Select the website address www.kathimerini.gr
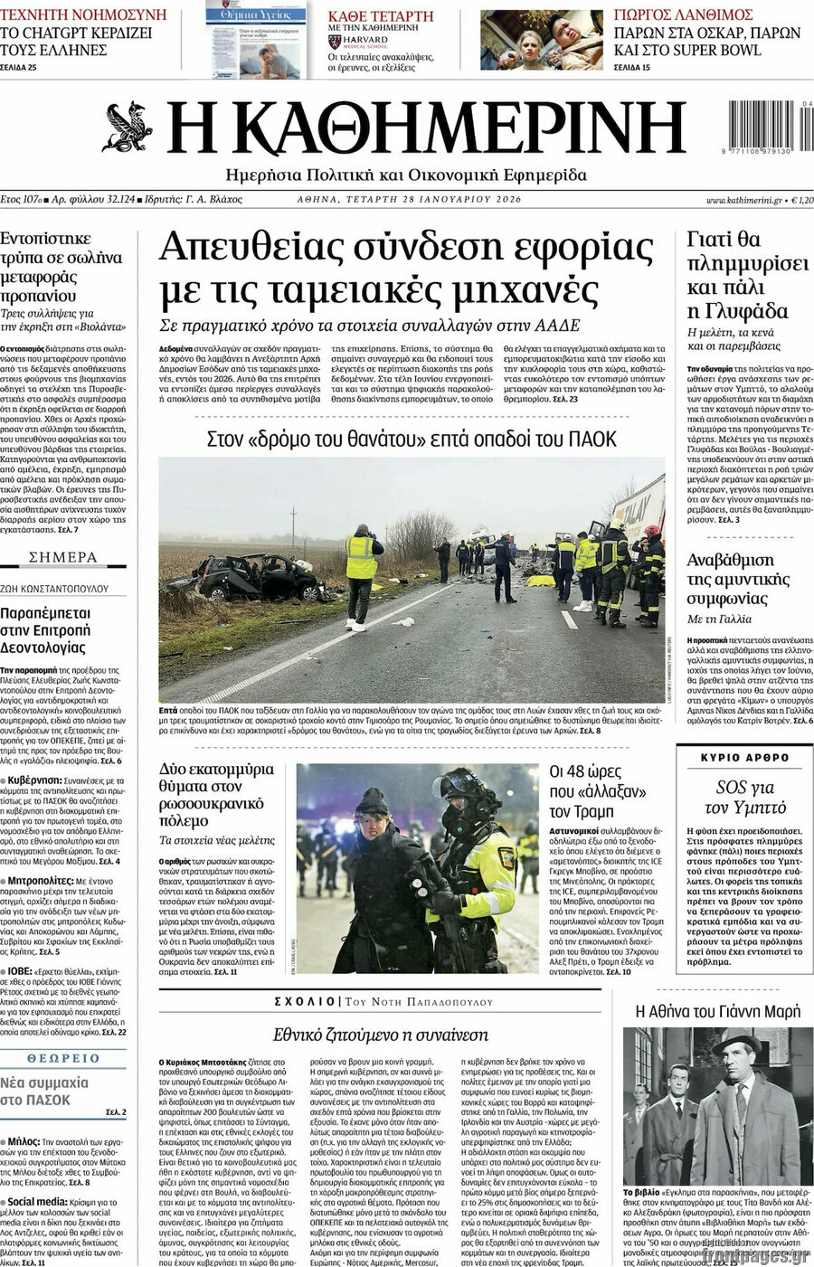coord(743,199)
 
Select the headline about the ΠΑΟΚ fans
coord(412,439)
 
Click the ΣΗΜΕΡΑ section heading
coord(63,557)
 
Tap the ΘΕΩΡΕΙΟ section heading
coord(63,1058)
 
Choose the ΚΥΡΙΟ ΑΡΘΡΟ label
coord(744,758)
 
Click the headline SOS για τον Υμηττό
coord(745,797)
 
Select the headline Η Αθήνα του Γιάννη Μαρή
coord(718,1012)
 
